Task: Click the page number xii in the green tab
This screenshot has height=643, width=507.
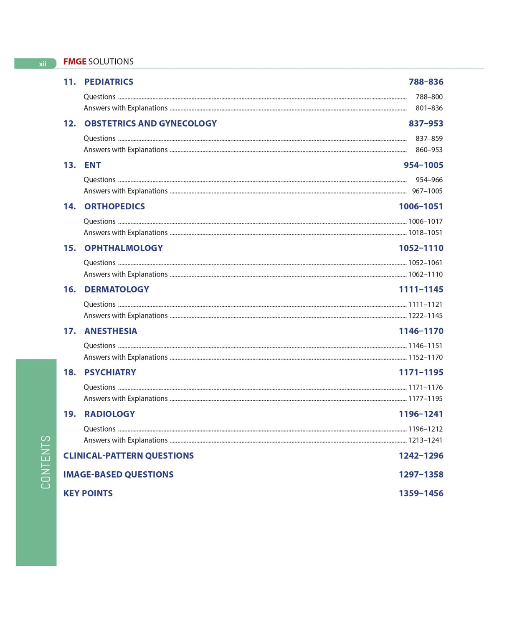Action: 42,64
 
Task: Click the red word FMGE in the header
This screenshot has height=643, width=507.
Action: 75,62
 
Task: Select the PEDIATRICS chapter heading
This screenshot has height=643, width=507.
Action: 109,82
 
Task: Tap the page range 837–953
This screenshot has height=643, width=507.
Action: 426,124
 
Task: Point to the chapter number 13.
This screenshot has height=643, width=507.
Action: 69,165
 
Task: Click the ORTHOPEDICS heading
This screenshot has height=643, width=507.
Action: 114,206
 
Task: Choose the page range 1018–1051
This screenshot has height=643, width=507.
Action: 425,233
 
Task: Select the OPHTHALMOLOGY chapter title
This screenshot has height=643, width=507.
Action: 123,248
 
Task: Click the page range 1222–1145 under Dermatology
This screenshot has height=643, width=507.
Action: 425,316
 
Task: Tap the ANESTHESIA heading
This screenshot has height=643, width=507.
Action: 111,331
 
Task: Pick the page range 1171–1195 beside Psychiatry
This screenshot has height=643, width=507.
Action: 421,372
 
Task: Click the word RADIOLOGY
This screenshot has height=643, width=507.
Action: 109,414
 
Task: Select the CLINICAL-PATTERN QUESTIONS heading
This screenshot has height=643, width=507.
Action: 128,456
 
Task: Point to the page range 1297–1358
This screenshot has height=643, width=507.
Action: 421,475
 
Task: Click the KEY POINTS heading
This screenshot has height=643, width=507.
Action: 88,493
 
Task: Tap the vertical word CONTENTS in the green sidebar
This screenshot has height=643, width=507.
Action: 46,462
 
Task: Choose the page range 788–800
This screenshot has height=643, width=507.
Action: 429,97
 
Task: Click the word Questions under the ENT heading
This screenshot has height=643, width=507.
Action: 99,180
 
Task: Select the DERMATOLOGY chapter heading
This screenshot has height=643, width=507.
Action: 117,290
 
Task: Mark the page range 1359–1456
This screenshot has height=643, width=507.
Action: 421,493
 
